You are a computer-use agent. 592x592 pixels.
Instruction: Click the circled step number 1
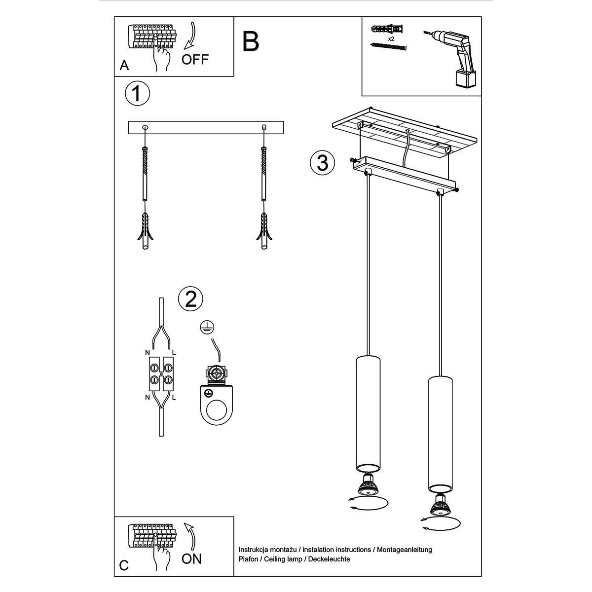click(x=137, y=94)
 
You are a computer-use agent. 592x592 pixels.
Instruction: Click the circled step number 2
click(x=191, y=298)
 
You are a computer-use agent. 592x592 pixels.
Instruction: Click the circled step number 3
click(x=322, y=162)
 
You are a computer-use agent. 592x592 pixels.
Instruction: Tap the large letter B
click(x=251, y=41)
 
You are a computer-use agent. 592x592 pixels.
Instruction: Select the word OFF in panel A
click(x=195, y=60)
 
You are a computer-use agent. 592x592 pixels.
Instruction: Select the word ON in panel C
click(x=192, y=559)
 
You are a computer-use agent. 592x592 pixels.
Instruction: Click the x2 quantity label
click(x=391, y=38)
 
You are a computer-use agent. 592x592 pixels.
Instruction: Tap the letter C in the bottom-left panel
click(x=124, y=565)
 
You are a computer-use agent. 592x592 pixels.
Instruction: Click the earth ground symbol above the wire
click(x=206, y=326)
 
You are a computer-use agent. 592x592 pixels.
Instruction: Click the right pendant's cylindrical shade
click(x=440, y=434)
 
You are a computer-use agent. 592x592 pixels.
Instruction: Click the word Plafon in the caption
click(x=249, y=559)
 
